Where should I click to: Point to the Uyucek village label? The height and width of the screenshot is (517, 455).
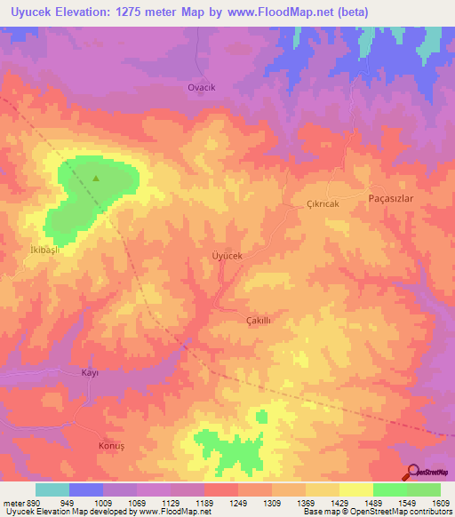pyautogui.click(x=227, y=256)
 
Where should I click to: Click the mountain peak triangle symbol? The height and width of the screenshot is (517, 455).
pyautogui.click(x=96, y=178)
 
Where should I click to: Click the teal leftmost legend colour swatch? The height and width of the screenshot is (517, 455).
pyautogui.click(x=52, y=489)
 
